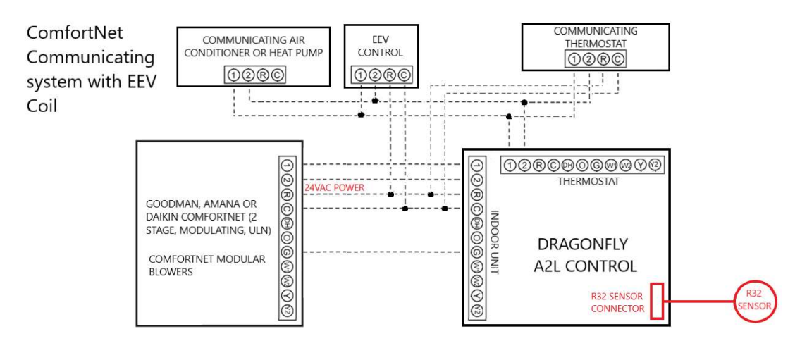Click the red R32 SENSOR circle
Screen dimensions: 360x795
[753, 302]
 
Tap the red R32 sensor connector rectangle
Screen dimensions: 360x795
[656, 301]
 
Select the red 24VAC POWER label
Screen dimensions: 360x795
[335, 188]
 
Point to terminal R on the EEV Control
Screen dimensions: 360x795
[389, 75]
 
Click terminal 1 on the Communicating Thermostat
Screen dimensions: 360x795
[574, 59]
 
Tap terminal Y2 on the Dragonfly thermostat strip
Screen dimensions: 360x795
[654, 166]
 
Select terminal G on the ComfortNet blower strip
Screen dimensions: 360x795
[286, 252]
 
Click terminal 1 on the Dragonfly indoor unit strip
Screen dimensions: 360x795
[476, 165]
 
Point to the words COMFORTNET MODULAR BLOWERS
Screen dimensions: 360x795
[207, 265]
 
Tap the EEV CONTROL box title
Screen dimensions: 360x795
[381, 46]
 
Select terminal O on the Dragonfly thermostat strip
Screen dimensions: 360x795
[581, 166]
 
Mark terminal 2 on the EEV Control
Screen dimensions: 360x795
[374, 75]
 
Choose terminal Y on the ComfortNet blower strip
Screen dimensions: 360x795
[286, 296]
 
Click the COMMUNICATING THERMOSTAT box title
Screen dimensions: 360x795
[596, 37]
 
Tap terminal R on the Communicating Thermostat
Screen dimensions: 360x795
[603, 59]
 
